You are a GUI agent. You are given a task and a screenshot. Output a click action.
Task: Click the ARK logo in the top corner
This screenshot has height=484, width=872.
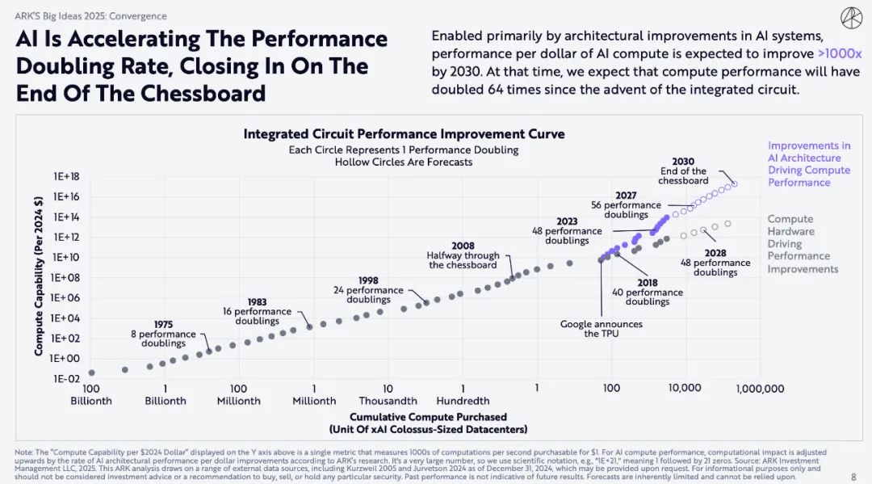coord(851,17)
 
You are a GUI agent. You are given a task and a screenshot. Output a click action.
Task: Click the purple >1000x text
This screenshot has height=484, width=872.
coord(840,53)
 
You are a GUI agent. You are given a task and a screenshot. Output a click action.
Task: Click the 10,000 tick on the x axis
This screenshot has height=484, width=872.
coord(684,389)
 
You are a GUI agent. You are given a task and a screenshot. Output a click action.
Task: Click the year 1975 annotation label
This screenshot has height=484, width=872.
coord(163,324)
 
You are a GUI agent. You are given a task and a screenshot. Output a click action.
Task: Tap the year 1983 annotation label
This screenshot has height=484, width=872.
coord(258,301)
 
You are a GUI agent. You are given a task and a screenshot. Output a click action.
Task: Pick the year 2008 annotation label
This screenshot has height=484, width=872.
coord(463,245)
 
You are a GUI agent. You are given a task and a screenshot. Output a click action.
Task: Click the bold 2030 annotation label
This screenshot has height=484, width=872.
coord(683,162)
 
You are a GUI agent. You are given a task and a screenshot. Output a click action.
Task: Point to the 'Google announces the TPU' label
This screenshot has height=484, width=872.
coord(602,329)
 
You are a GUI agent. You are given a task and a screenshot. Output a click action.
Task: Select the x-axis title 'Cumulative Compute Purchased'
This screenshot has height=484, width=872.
coord(428,417)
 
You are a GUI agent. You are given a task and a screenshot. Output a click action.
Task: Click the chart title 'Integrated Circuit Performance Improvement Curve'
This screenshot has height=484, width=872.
coord(404,134)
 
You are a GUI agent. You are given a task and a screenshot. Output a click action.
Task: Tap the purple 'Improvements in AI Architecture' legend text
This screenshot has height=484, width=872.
coord(808,164)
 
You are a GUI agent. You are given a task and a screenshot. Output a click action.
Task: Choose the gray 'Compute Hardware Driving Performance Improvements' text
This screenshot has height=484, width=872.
coord(803,244)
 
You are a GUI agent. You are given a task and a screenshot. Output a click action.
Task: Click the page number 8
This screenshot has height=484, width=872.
coord(853,477)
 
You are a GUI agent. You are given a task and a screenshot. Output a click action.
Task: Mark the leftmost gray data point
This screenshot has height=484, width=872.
coord(91,372)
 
